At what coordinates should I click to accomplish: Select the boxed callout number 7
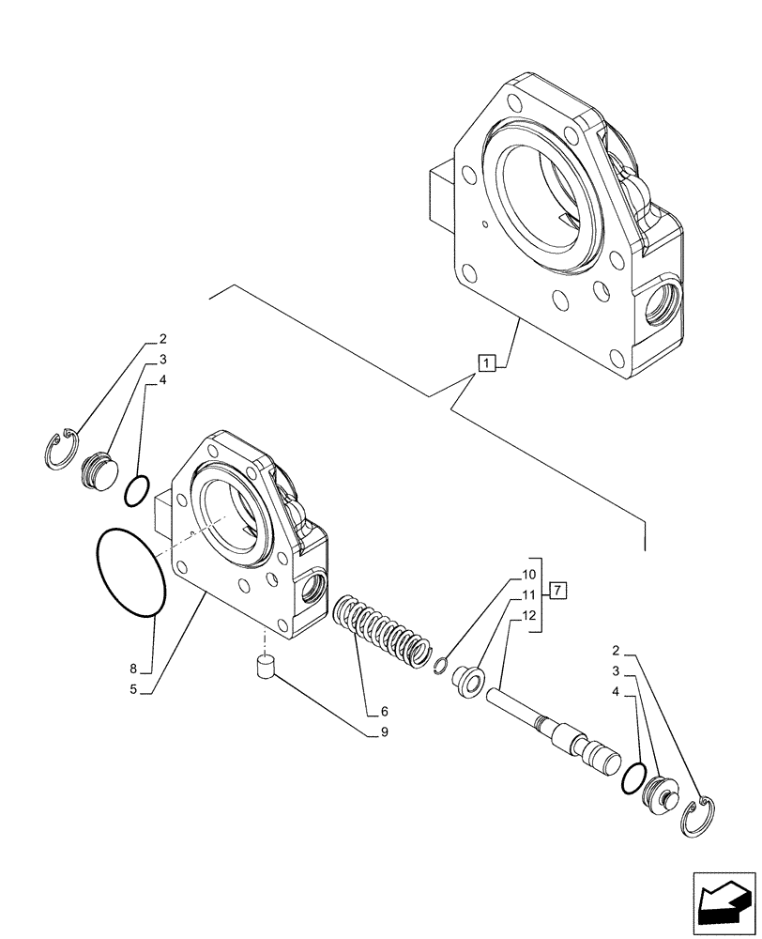pos(558,591)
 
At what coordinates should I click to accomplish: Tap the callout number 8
pos(134,669)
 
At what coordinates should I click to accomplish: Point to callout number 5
pos(134,689)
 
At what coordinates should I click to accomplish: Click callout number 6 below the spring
pos(384,711)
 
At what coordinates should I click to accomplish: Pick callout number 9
pos(384,731)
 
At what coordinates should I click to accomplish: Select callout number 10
pos(527,573)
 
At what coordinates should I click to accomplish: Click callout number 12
pos(527,616)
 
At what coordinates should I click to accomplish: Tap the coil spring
pos(383,633)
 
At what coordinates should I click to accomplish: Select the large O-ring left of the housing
pos(130,573)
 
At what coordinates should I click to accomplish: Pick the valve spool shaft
pos(553,726)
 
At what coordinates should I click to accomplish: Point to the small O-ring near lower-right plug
pos(633,777)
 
